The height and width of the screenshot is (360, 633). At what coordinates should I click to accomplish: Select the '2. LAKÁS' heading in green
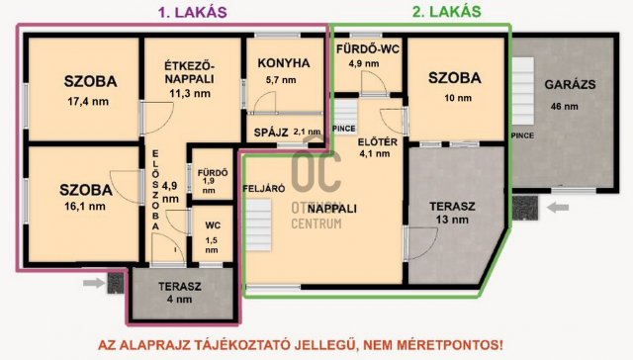(447, 12)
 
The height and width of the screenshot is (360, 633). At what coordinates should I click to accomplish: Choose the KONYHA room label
(284, 63)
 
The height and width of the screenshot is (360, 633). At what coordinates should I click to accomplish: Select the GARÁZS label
(571, 84)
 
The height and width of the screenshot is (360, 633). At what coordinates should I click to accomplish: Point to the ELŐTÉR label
(377, 139)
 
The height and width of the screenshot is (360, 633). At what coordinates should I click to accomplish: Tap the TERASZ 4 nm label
(179, 293)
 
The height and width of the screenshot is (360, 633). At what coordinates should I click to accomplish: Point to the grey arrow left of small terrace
(94, 283)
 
